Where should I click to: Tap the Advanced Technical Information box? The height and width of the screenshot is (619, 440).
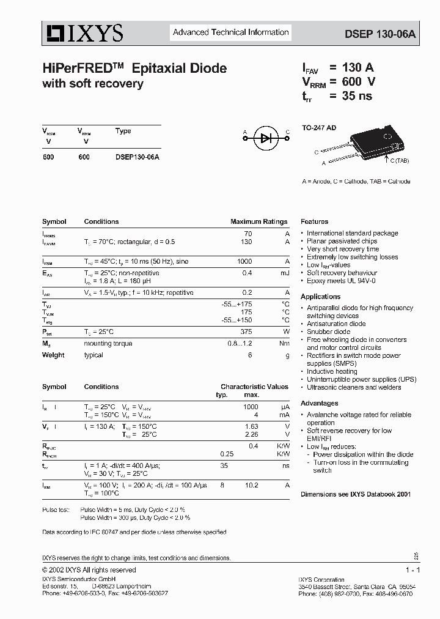pyautogui.click(x=230, y=32)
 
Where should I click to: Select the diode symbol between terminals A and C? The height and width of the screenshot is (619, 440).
pyautogui.click(x=266, y=138)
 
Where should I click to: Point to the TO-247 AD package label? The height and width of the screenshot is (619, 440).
pyautogui.click(x=318, y=128)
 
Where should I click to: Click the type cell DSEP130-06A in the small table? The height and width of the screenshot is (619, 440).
pyautogui.click(x=137, y=157)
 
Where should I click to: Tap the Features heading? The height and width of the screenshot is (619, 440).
pyautogui.click(x=314, y=221)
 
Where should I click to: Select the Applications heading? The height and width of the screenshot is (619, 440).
pyautogui.click(x=320, y=297)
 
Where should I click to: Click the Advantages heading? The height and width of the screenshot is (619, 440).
pyautogui.click(x=319, y=404)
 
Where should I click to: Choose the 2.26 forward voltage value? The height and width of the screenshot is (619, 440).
pyautogui.click(x=251, y=435)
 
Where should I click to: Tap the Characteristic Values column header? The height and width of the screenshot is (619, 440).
pyautogui.click(x=254, y=387)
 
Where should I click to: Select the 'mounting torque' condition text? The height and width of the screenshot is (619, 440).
pyautogui.click(x=108, y=344)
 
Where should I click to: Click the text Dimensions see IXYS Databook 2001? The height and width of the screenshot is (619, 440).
pyautogui.click(x=355, y=494)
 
